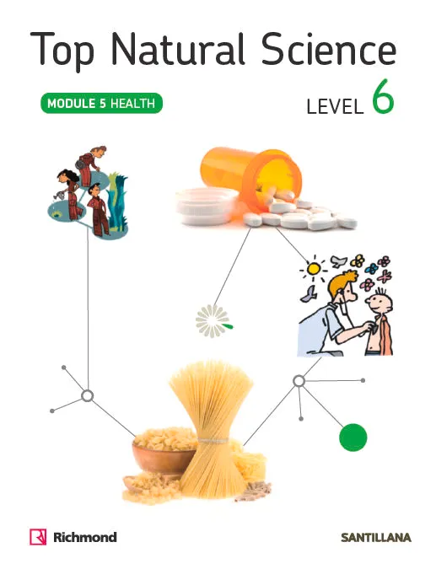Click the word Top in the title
[62, 50]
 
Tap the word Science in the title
[329, 49]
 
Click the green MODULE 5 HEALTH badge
[101, 104]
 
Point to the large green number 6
[383, 97]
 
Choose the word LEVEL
[335, 107]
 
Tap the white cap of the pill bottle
[207, 206]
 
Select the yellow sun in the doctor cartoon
[313, 269]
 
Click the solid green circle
[353, 437]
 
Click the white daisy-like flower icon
[213, 321]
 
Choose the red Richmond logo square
[38, 537]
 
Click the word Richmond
[85, 537]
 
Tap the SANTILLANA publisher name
[376, 538]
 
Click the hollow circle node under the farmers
[87, 395]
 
